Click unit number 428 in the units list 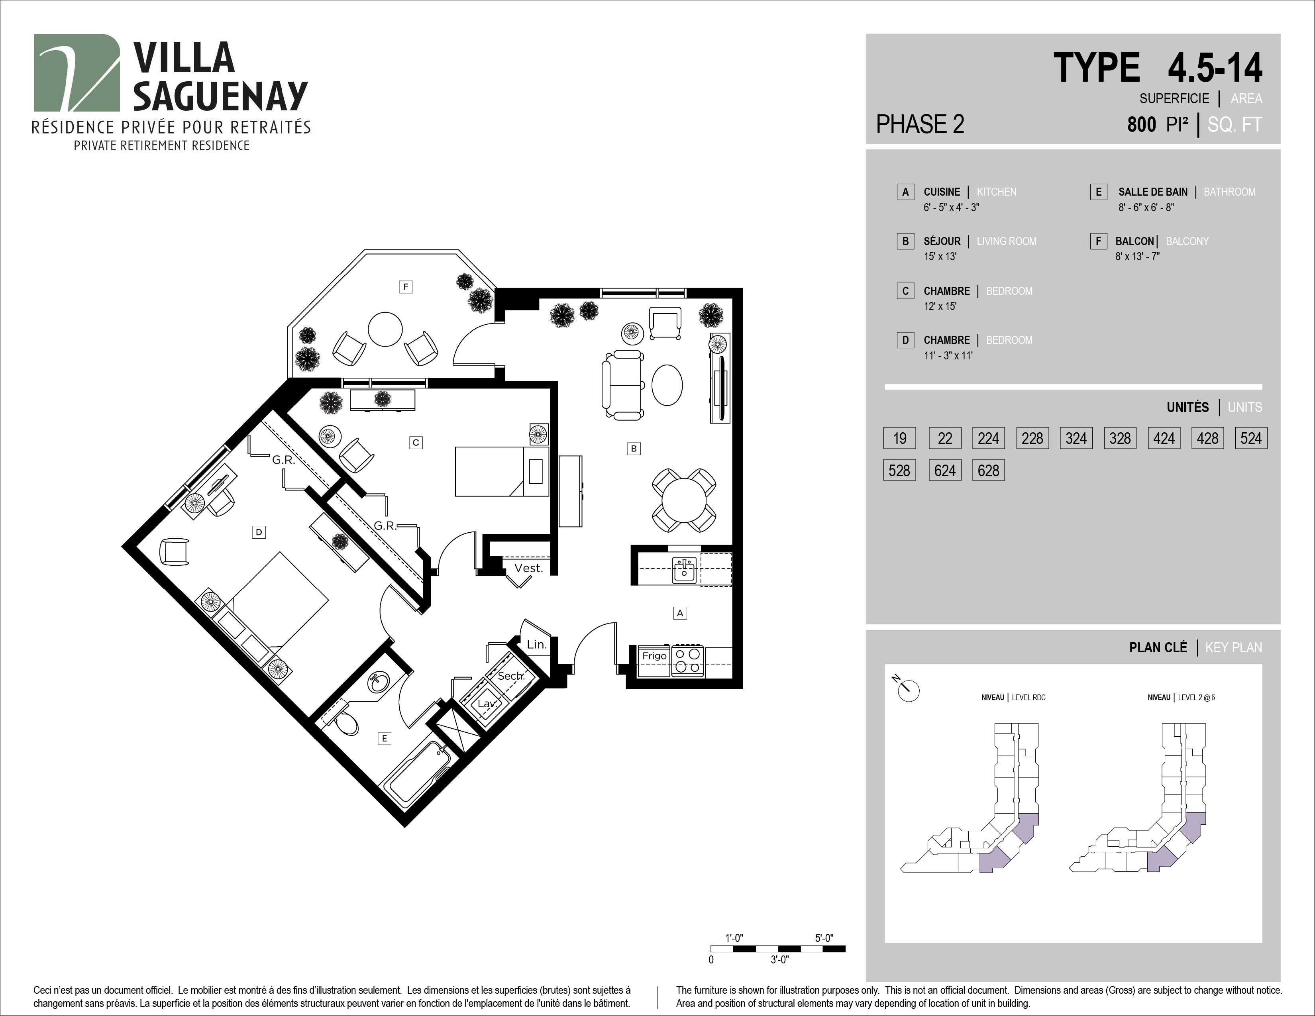[1207, 438]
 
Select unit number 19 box [899, 438]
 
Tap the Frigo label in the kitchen [654, 656]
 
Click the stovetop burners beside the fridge [688, 660]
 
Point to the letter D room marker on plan [259, 532]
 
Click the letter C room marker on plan [416, 442]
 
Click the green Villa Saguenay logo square [77, 73]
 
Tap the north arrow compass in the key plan [909, 690]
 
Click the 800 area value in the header [1142, 125]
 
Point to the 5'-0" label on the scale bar [824, 938]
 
